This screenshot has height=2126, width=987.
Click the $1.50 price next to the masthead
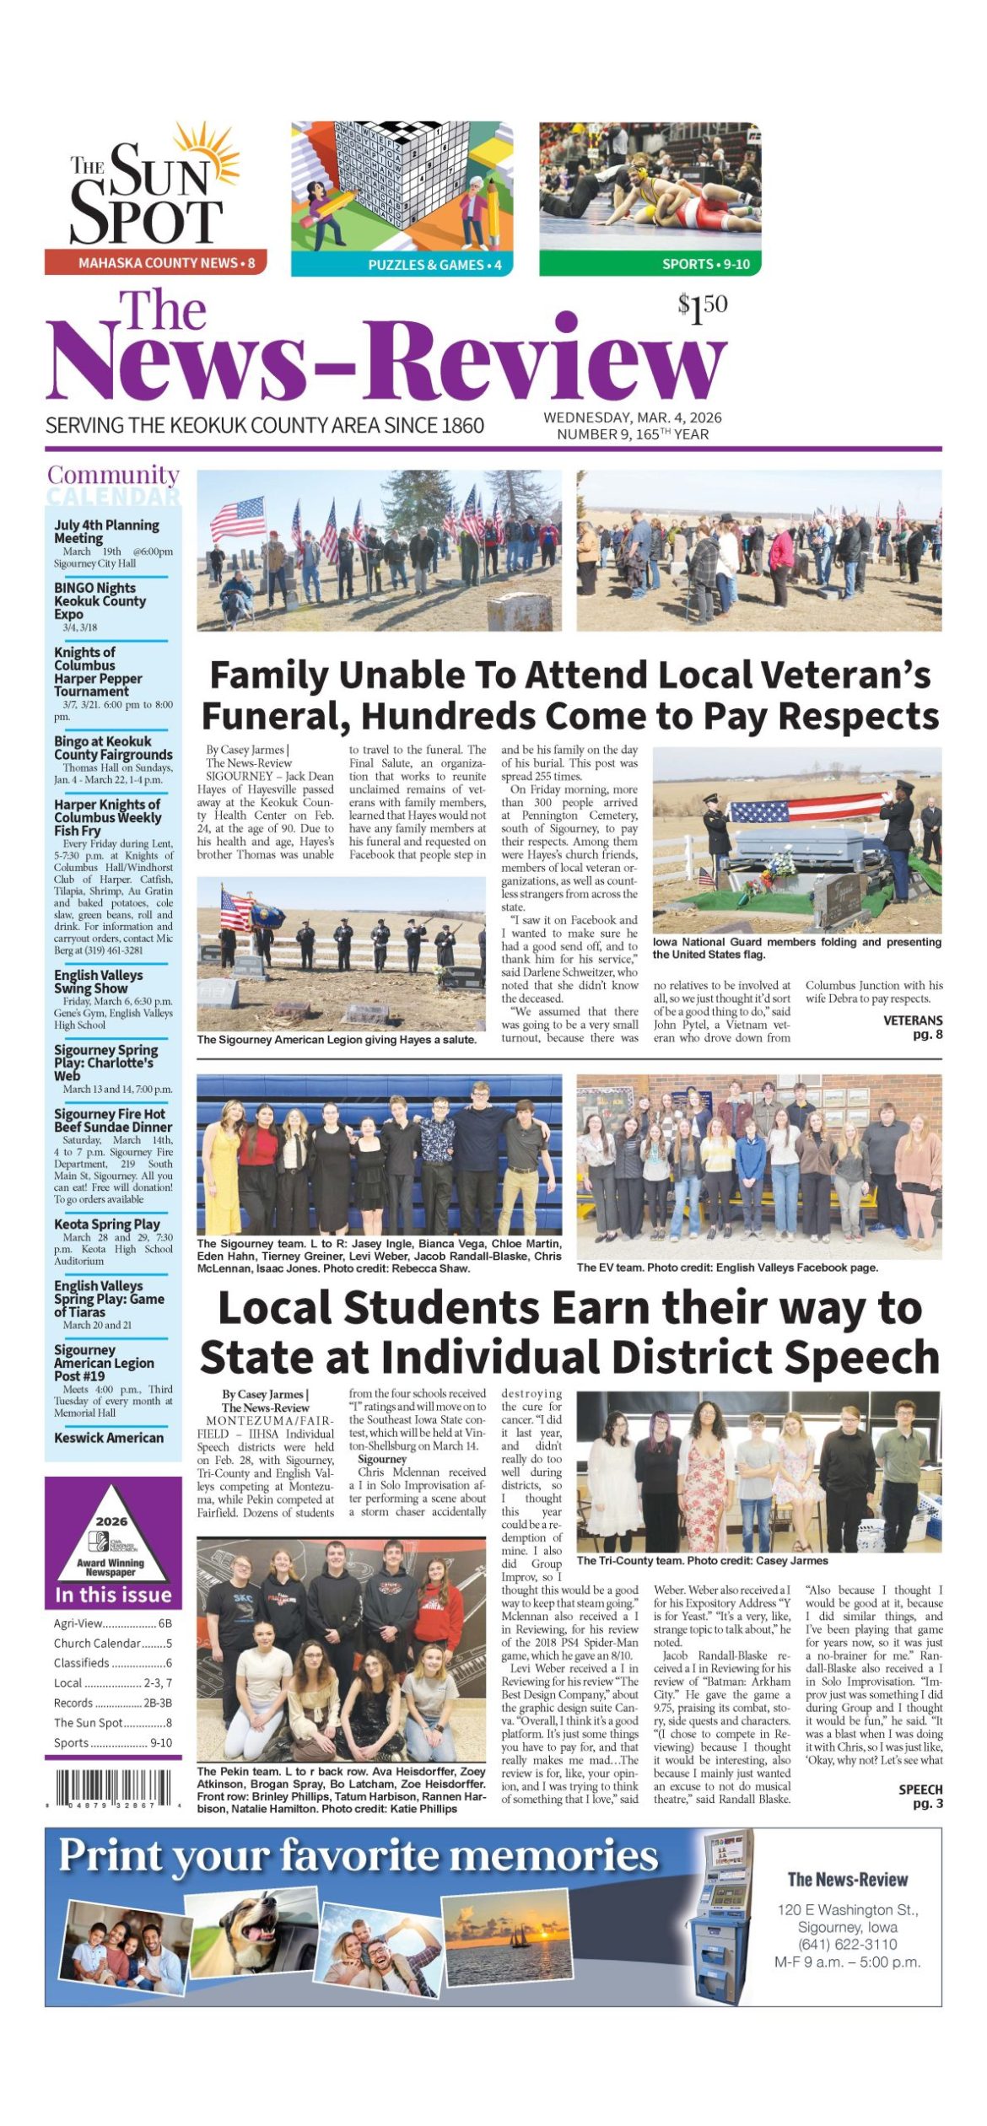click(702, 309)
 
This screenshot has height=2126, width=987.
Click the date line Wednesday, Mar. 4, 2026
click(632, 417)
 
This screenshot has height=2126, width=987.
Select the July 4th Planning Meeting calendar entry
click(106, 531)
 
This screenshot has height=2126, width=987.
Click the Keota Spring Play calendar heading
click(106, 1224)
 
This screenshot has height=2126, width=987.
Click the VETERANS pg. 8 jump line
click(913, 1026)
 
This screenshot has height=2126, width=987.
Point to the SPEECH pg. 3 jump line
click(920, 1795)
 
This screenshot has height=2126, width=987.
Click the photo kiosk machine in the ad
click(720, 1914)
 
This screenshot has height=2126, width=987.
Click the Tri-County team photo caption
click(702, 1560)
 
